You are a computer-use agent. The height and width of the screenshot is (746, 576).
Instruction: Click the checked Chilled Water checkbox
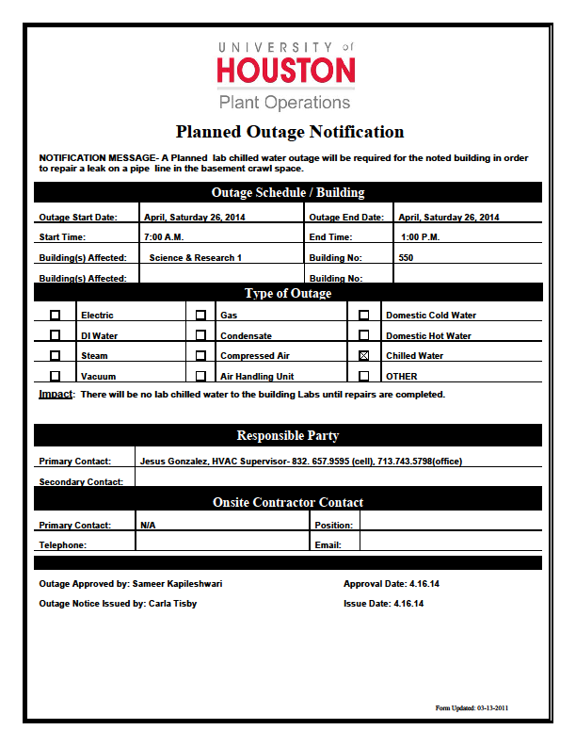point(364,356)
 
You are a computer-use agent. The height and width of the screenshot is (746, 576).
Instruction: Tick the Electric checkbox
point(56,315)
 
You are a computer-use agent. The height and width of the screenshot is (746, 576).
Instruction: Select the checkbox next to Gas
point(200,315)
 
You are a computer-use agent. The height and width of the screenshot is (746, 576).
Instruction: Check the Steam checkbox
point(56,356)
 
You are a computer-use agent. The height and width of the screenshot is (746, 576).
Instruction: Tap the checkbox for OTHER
point(364,377)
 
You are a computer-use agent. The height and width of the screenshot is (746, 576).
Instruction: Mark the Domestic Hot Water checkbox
point(364,335)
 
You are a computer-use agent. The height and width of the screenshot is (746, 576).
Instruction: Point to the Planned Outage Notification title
point(289,132)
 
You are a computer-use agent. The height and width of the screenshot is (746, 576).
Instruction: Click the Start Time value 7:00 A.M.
point(164,237)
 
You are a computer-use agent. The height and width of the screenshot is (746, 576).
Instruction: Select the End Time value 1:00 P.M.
point(419,237)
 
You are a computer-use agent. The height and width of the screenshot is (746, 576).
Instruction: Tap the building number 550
point(406,258)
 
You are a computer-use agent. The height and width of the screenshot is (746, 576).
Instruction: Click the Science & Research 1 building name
point(195,258)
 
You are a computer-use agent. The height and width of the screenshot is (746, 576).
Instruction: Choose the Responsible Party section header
point(288,436)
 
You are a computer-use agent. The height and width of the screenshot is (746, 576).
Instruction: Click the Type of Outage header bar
point(288,294)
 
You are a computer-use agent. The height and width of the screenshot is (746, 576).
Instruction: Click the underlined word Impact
point(56,394)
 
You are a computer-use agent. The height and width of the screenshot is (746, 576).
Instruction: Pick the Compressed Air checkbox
point(200,356)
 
